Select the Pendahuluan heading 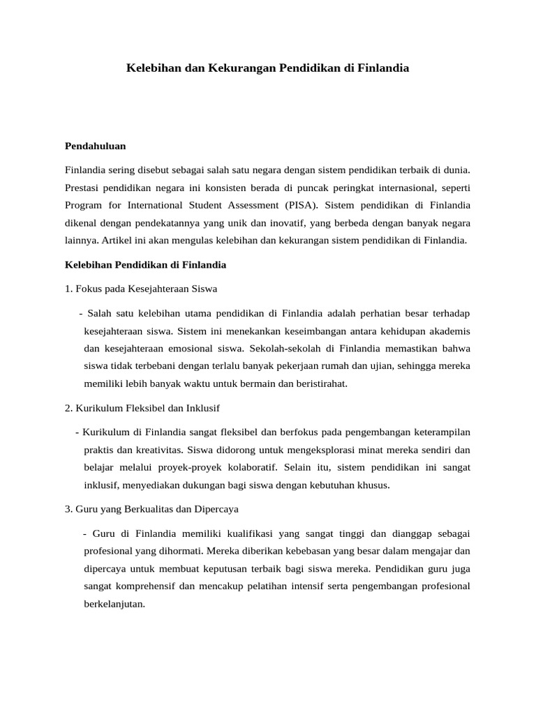95,146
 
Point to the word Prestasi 84,187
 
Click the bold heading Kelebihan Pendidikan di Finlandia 145,265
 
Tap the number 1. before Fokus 68,289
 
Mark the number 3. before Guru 68,509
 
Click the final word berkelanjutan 114,604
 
